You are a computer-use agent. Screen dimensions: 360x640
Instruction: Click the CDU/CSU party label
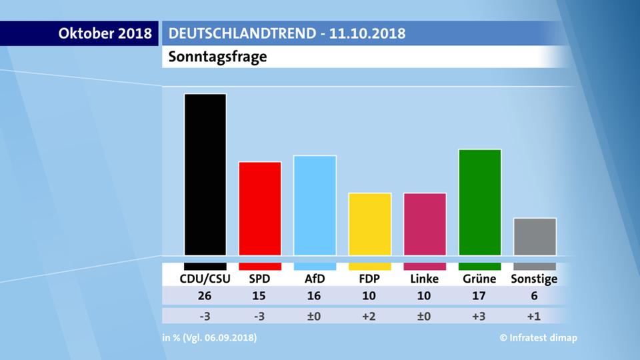pos(205,279)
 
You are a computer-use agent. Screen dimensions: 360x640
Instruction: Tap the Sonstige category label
pos(534,279)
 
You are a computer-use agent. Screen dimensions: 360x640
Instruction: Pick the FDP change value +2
pos(369,316)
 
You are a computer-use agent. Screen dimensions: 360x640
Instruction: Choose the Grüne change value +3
pos(480,316)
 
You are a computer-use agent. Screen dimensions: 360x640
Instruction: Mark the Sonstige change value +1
pos(535,316)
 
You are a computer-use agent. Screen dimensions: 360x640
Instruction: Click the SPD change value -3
pos(260,316)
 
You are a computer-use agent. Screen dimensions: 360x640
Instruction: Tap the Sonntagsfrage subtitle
pos(217,57)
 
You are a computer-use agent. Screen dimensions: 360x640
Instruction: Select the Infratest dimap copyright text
pos(539,338)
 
